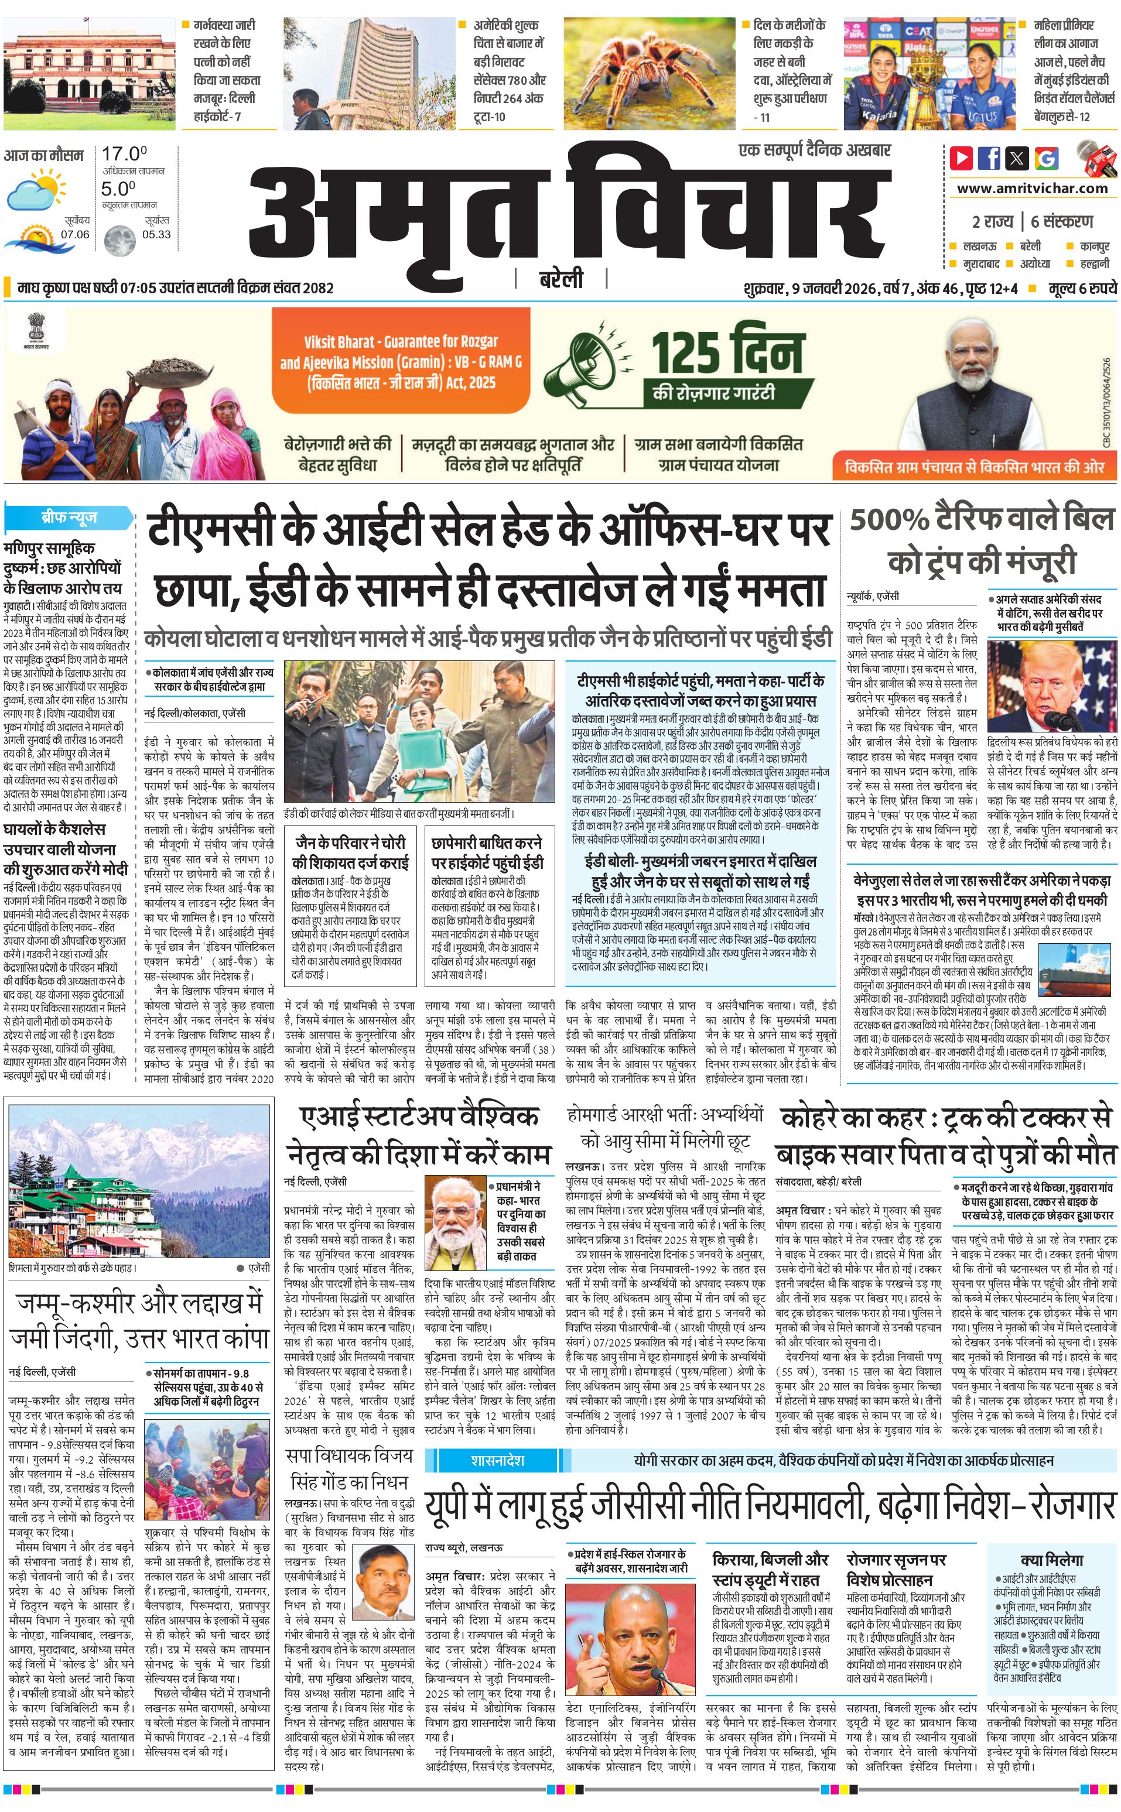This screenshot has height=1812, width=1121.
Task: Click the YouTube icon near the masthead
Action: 962,158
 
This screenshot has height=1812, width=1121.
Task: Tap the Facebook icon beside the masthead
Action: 989,158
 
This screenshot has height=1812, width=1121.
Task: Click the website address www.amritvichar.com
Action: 1032,189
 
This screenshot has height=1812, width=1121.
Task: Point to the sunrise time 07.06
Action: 75,234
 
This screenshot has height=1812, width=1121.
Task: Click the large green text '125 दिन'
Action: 727,353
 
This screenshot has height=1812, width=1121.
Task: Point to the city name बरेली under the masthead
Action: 560,279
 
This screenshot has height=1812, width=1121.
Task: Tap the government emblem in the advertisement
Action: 34,328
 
